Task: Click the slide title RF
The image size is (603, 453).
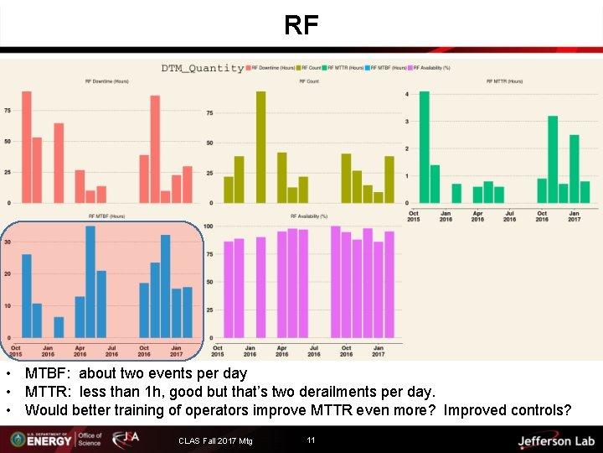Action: [301, 26]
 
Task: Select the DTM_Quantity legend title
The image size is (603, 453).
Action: [203, 69]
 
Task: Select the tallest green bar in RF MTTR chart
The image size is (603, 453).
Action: [424, 147]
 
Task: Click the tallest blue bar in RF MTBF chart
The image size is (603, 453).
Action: [90, 281]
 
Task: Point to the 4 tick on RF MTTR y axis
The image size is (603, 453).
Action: [407, 94]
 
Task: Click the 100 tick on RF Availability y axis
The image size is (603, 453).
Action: [208, 226]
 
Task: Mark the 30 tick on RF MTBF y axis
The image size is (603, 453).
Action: [8, 242]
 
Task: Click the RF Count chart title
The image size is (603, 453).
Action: [309, 82]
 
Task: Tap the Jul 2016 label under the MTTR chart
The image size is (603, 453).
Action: [509, 216]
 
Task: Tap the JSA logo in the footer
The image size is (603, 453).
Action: [126, 440]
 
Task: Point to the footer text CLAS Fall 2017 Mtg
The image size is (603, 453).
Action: [215, 442]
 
